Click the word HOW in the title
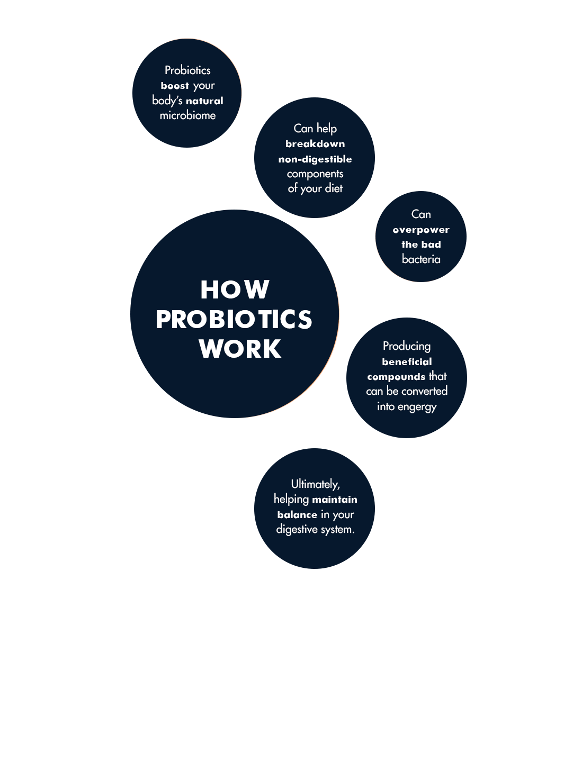click(235, 289)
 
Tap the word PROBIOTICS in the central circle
click(234, 319)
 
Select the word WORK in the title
click(240, 349)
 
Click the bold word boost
click(175, 86)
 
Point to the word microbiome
click(187, 115)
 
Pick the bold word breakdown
click(315, 144)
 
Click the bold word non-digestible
click(315, 159)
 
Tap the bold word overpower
click(421, 230)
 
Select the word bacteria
click(421, 259)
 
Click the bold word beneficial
click(407, 362)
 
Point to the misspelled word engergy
click(417, 407)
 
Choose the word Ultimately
click(315, 484)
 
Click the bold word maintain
click(334, 500)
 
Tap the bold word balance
click(297, 514)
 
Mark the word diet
click(333, 188)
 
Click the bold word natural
click(204, 101)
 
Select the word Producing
click(407, 346)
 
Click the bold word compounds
click(396, 377)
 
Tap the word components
click(315, 174)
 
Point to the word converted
click(424, 391)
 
